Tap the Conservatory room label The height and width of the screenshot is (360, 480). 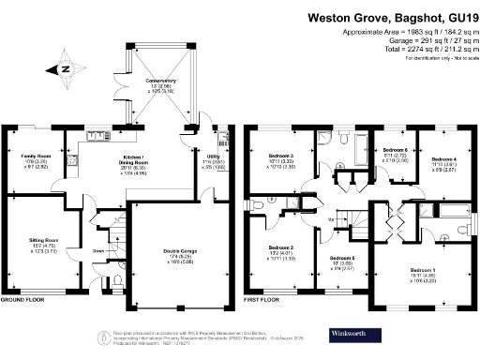(160, 82)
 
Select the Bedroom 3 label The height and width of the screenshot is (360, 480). (279, 155)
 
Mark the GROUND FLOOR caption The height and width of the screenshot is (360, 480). (23, 301)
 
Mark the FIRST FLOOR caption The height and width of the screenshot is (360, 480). (263, 301)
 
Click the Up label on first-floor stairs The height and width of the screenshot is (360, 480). (332, 220)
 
